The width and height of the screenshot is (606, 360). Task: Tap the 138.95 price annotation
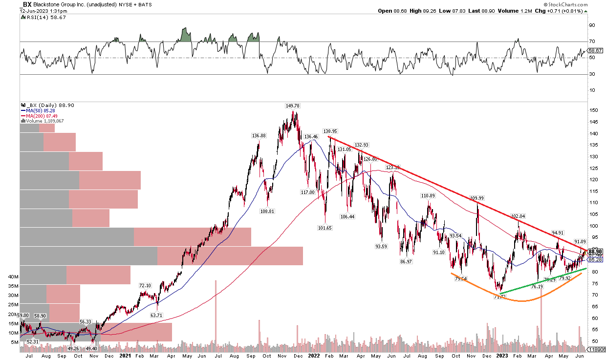(x=330, y=131)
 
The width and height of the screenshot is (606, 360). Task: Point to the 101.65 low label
(x=325, y=228)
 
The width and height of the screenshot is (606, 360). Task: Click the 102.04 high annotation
(x=518, y=216)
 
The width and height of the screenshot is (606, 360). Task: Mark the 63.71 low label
(x=157, y=315)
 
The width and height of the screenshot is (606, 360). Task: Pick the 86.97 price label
(x=406, y=262)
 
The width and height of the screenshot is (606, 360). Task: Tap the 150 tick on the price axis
(x=592, y=110)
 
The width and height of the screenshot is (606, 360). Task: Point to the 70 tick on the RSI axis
(x=591, y=42)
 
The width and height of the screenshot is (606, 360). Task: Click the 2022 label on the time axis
(x=313, y=356)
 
